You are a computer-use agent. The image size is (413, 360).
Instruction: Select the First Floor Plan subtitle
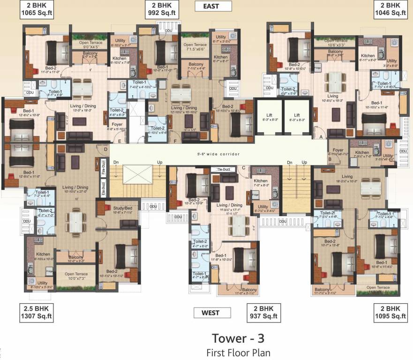click(x=238, y=352)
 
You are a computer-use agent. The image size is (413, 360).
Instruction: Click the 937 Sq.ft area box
click(x=263, y=313)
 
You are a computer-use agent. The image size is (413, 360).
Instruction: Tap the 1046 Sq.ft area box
click(x=390, y=9)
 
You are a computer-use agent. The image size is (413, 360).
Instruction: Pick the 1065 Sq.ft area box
click(x=36, y=9)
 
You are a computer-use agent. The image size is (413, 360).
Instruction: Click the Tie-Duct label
click(x=223, y=169)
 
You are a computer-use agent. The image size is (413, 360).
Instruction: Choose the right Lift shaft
click(x=297, y=118)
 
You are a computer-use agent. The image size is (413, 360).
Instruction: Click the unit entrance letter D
click(x=106, y=150)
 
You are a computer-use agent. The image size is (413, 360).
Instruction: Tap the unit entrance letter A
click(x=321, y=136)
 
